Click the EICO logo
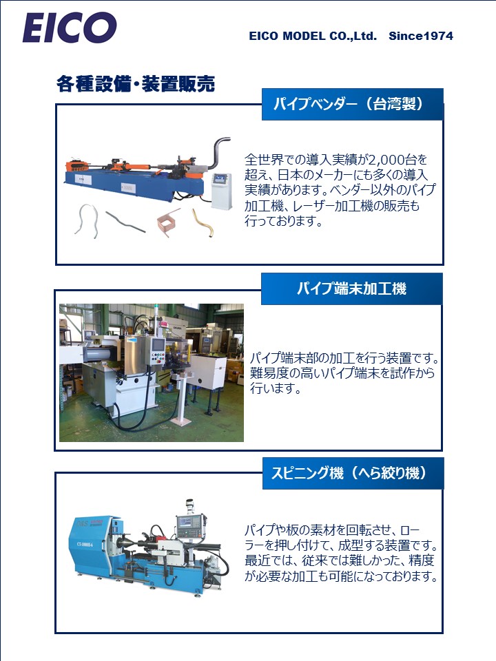[x=69, y=28]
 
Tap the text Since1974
[x=421, y=36]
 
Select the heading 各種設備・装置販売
[x=136, y=85]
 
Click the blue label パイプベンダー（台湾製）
[x=352, y=104]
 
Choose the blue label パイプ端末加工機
[x=351, y=288]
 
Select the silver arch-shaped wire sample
[x=87, y=219]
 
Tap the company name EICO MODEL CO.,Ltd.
[x=313, y=36]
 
